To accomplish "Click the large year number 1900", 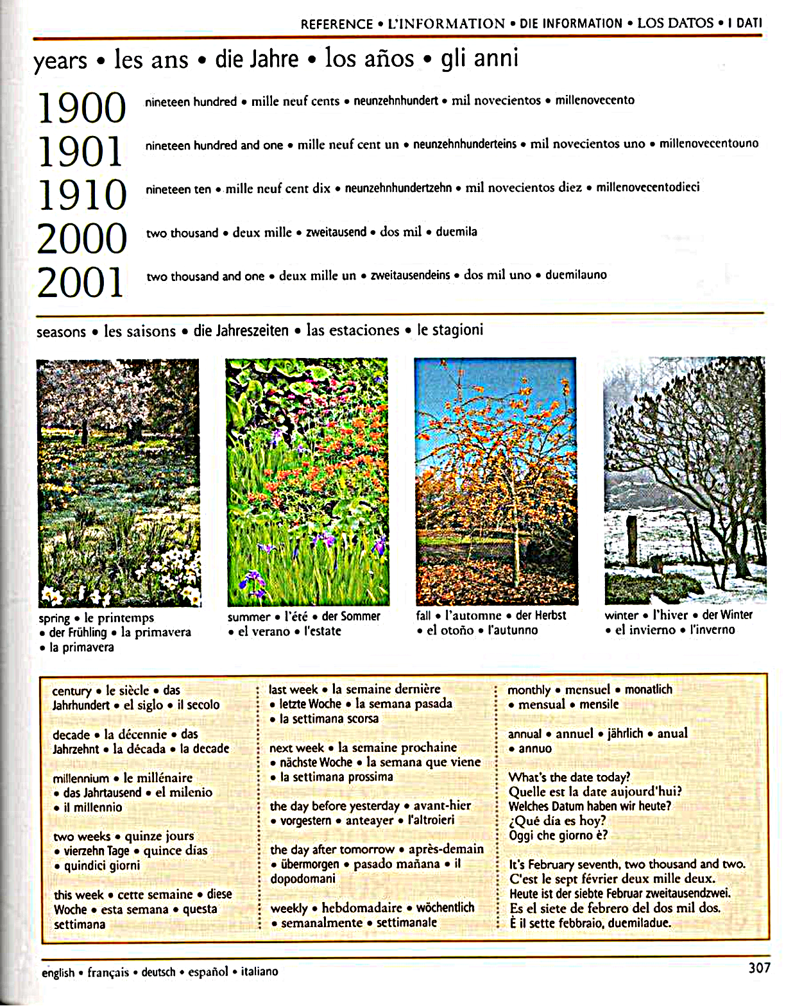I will tap(81, 108).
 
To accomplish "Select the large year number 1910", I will tap(82, 195).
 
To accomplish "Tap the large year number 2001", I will tap(80, 282).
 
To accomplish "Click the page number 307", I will tap(759, 968).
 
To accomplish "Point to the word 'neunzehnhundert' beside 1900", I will tap(396, 101).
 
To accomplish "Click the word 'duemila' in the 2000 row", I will tap(456, 232).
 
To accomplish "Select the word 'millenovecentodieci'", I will tap(647, 187).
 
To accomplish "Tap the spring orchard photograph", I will tap(119, 482).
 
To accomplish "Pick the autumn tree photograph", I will tap(496, 481).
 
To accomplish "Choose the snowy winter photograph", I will tap(685, 479).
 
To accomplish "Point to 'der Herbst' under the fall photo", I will tap(541, 615).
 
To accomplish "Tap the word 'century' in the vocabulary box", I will tap(72, 691).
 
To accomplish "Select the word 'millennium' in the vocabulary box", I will tap(81, 778).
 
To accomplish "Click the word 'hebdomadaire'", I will tap(362, 908).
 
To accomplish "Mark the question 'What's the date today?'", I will tap(569, 778).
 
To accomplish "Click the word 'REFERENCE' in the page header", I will tap(337, 24).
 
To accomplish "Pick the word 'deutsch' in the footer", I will tap(158, 972).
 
